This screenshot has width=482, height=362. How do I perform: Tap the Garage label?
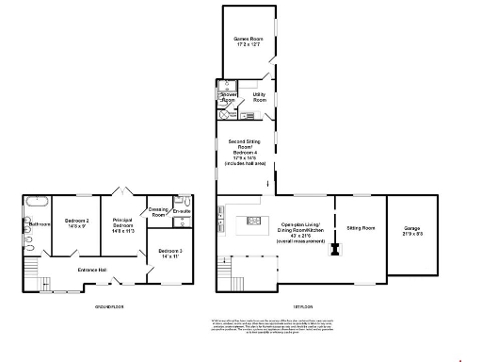[411, 228]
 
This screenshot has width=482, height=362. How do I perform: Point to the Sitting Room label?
[361, 228]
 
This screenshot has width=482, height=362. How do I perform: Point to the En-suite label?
[182, 211]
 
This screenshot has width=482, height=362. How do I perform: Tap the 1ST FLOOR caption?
[301, 307]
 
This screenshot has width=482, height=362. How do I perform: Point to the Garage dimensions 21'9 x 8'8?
[411, 234]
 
